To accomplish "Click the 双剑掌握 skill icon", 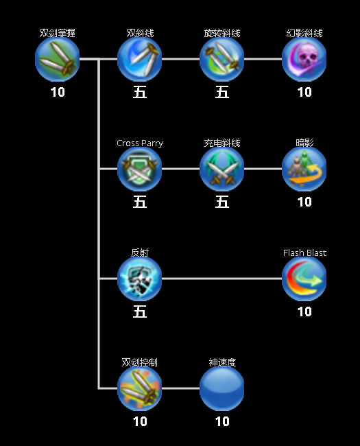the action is pyautogui.click(x=57, y=59).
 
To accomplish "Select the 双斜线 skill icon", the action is pyautogui.click(x=140, y=59).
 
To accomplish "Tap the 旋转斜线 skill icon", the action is pyautogui.click(x=221, y=59).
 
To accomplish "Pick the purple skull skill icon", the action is pyautogui.click(x=304, y=59).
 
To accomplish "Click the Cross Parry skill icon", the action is pyautogui.click(x=140, y=169).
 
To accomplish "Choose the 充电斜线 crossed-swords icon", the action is pyautogui.click(x=221, y=169).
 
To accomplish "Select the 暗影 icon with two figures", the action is pyautogui.click(x=304, y=169).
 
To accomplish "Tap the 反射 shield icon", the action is pyautogui.click(x=140, y=279).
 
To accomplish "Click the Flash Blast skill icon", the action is pyautogui.click(x=304, y=279).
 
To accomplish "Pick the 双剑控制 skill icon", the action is pyautogui.click(x=140, y=388).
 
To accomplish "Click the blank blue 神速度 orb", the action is pyautogui.click(x=221, y=388).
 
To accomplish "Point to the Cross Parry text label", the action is pyautogui.click(x=140, y=143).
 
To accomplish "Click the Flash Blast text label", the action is pyautogui.click(x=304, y=253).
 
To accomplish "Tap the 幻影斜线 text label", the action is pyautogui.click(x=304, y=33).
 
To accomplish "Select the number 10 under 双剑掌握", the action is pyautogui.click(x=58, y=92).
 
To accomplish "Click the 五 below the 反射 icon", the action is pyautogui.click(x=140, y=312).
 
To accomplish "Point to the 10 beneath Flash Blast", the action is pyautogui.click(x=304, y=312).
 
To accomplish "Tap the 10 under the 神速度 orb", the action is pyautogui.click(x=222, y=421).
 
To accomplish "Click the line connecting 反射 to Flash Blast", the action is pyautogui.click(x=221, y=279).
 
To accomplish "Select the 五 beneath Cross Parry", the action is pyautogui.click(x=140, y=202).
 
